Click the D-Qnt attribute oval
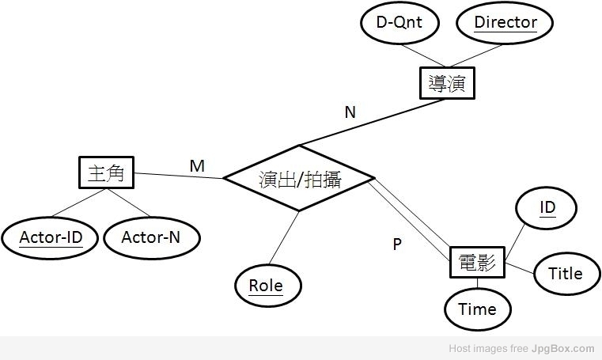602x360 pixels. (399, 23)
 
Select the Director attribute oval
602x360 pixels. (505, 23)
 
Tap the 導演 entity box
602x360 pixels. (446, 83)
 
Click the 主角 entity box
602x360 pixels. (107, 173)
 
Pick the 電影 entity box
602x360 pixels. (477, 262)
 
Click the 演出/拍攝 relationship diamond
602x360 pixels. (299, 179)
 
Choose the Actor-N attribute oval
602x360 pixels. (150, 237)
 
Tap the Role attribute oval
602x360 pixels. (266, 286)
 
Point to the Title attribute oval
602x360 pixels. (565, 274)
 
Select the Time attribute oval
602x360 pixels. (477, 309)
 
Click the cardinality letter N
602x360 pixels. (350, 112)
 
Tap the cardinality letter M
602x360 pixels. (197, 166)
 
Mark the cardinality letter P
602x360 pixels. (397, 244)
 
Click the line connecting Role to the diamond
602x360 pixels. (282, 238)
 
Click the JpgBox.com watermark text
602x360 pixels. (562, 348)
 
